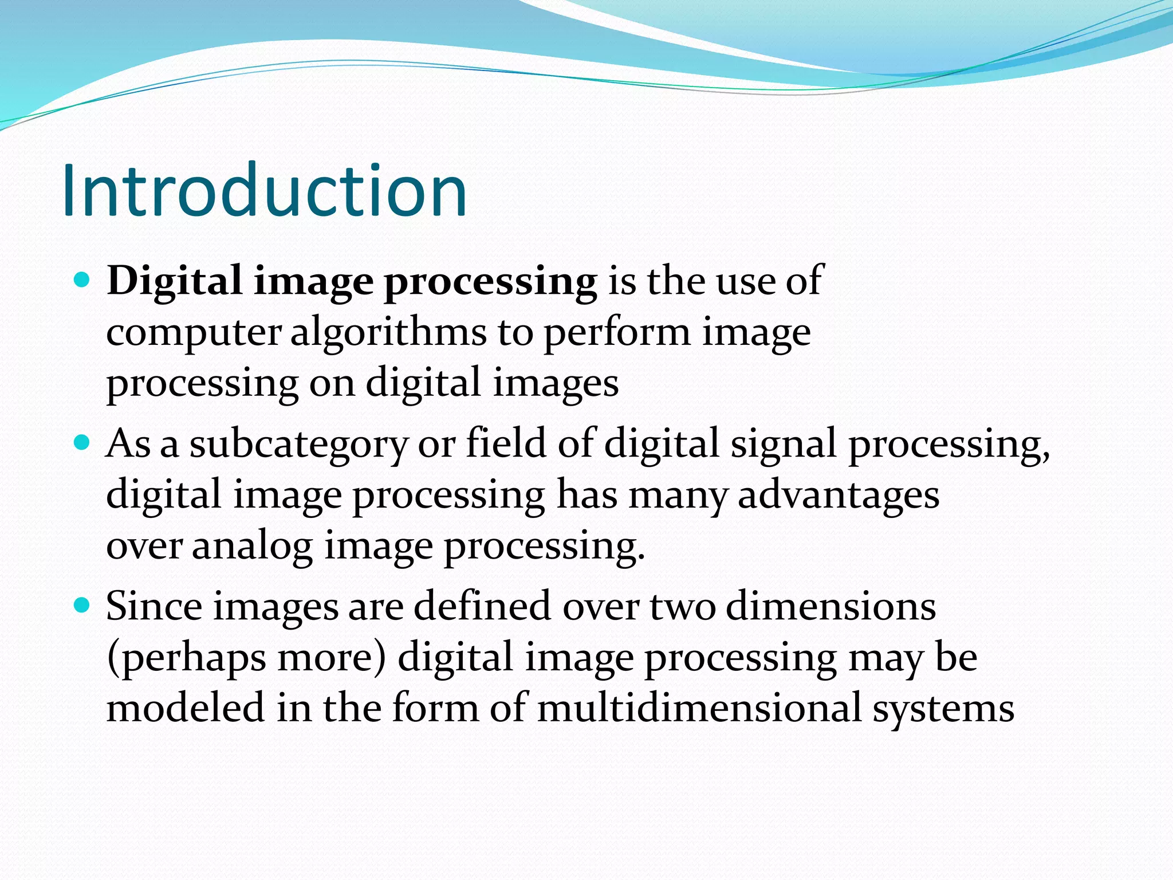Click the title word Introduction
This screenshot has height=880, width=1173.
(265, 191)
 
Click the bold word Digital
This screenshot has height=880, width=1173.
(175, 282)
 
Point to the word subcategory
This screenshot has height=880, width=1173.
(298, 445)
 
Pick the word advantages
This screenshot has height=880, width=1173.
(839, 495)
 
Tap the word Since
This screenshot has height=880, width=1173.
(153, 606)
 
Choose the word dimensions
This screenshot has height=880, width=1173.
(831, 606)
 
